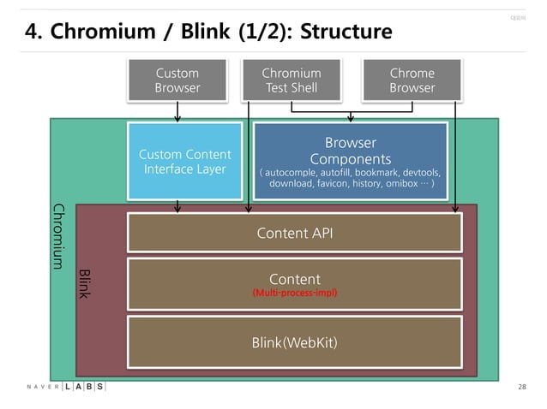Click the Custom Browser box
click(x=177, y=80)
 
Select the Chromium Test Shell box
click(x=292, y=80)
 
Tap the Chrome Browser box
click(x=412, y=80)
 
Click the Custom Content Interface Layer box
click(x=177, y=161)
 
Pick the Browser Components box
click(x=350, y=160)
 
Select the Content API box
click(x=295, y=233)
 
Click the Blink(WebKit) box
click(x=295, y=343)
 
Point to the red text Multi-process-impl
click(x=295, y=293)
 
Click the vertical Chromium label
click(x=59, y=235)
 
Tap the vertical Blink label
click(x=84, y=283)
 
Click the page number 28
click(x=522, y=388)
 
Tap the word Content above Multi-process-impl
click(x=295, y=279)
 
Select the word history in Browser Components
click(x=364, y=183)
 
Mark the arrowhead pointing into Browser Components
click(x=351, y=119)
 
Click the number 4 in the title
click(x=32, y=33)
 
